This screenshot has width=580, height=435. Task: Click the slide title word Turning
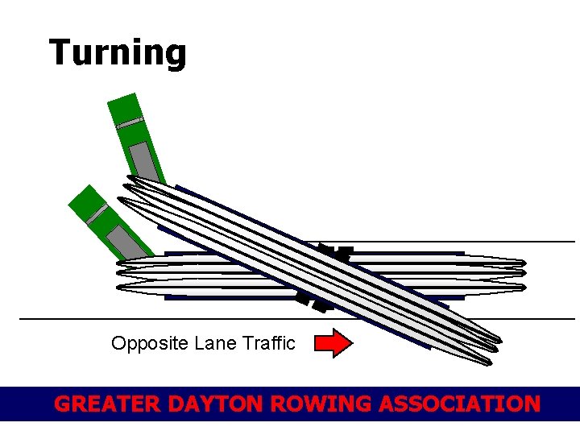point(118,52)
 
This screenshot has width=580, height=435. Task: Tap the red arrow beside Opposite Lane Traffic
point(333,343)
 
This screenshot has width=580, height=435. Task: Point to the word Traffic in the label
point(270,343)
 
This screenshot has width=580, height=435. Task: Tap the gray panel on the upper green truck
point(145,161)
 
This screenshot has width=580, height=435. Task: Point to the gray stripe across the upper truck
point(129,123)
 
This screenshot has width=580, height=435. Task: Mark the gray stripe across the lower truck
point(97,213)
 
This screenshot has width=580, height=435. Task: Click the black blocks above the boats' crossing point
point(334,252)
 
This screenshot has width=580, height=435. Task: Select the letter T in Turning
point(60,52)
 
